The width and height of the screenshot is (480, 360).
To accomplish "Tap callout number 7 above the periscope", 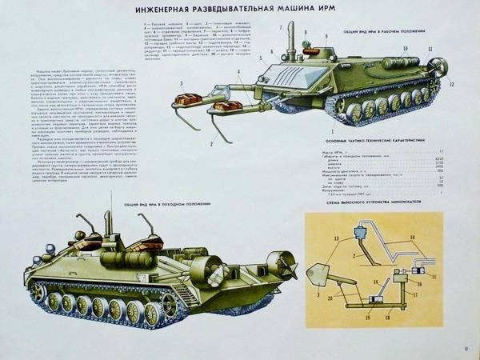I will click(282, 26).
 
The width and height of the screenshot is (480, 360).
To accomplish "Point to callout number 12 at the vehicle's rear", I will click(452, 82).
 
